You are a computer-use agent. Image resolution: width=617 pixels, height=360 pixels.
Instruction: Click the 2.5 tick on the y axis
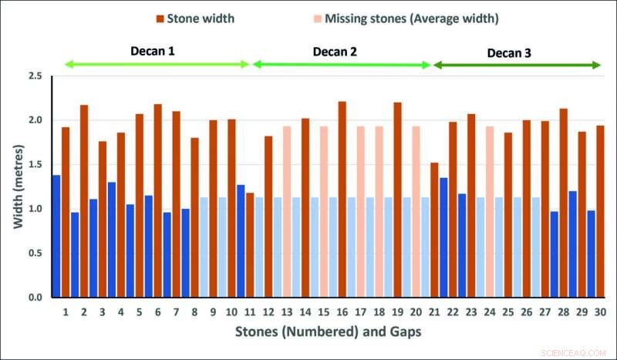(35, 76)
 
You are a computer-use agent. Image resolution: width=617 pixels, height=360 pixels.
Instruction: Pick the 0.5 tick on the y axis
(35, 253)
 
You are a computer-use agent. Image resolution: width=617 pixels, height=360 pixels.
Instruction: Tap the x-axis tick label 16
(342, 312)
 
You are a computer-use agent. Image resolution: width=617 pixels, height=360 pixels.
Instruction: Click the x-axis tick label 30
(599, 312)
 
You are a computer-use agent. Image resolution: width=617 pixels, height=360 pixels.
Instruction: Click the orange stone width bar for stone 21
(434, 230)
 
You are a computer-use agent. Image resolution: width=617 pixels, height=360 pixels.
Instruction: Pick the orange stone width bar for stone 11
(250, 244)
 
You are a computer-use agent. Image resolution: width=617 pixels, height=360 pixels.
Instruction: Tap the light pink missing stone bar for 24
(489, 212)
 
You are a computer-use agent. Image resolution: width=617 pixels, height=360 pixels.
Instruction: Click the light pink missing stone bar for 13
(287, 212)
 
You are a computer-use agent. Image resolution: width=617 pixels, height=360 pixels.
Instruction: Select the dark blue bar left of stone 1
(56, 236)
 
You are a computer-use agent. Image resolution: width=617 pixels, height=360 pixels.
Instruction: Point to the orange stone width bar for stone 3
(103, 219)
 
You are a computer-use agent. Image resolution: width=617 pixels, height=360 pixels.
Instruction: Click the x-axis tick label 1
(66, 312)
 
